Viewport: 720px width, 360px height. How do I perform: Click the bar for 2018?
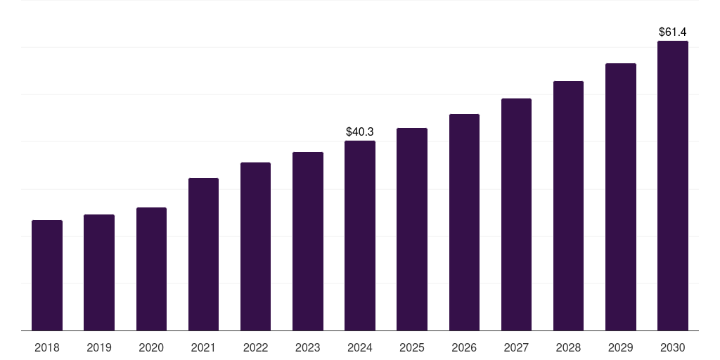[x=47, y=276]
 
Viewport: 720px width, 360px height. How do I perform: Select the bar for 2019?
[x=99, y=273]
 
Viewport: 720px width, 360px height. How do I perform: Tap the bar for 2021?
[x=203, y=255]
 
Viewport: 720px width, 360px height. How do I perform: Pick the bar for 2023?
[x=308, y=241]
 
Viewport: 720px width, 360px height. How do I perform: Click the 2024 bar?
[x=360, y=236]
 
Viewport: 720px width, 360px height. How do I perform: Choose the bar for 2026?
[x=464, y=222]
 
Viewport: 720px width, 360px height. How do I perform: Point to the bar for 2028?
[x=568, y=206]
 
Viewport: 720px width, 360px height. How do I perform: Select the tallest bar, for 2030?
[x=673, y=186]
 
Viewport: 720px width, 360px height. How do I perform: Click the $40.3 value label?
[x=360, y=131]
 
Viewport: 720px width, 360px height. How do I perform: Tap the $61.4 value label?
[x=673, y=32]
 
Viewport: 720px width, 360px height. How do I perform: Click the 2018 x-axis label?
[x=47, y=347]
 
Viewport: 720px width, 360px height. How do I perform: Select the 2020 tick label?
[x=151, y=347]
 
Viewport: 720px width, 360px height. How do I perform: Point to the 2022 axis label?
[x=255, y=347]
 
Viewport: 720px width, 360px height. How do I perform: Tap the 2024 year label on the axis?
[x=360, y=347]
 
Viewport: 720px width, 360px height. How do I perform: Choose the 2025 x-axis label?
[x=412, y=347]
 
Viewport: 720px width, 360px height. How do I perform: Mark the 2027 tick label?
[x=516, y=347]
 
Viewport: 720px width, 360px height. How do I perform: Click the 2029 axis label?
[x=620, y=347]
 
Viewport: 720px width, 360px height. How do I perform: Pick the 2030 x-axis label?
[x=673, y=347]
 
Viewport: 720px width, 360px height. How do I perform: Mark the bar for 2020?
[x=151, y=269]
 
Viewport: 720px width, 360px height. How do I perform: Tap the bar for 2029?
[x=620, y=197]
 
